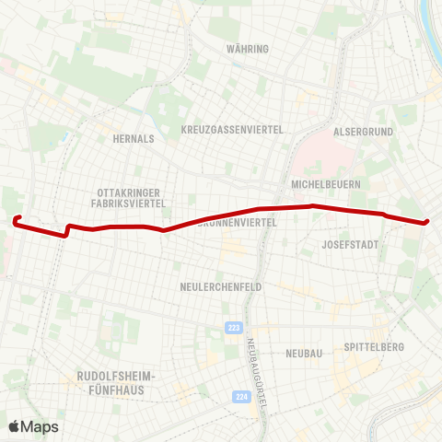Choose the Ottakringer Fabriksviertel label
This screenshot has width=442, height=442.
point(130,197)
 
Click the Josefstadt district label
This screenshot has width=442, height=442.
point(350,245)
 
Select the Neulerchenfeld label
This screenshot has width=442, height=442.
point(220,286)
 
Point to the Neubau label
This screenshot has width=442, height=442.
point(303,354)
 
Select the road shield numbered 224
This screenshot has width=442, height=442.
point(241,397)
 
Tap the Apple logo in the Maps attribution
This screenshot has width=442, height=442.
point(14,426)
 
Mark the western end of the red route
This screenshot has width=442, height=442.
point(17,219)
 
